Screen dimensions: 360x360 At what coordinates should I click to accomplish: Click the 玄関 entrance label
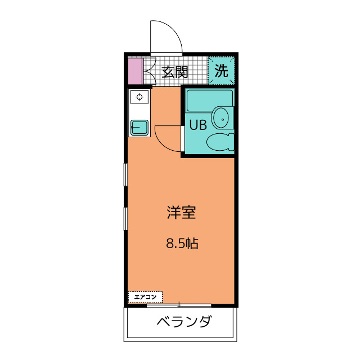click(175, 72)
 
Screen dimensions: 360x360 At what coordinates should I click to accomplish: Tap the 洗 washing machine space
click(221, 70)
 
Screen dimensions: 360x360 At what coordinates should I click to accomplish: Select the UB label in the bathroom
click(198, 125)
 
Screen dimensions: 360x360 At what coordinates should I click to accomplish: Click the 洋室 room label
click(181, 213)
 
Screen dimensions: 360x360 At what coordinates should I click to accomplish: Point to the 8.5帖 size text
click(182, 244)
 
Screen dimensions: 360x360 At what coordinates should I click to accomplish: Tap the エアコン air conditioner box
click(145, 297)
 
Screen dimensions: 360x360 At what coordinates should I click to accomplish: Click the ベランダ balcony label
click(184, 321)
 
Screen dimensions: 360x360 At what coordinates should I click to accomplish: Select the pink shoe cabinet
click(135, 71)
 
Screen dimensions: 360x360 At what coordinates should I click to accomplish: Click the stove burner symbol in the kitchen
click(139, 97)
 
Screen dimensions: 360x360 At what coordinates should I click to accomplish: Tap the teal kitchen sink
click(139, 128)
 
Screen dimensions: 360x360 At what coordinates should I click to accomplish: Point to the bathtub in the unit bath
click(210, 101)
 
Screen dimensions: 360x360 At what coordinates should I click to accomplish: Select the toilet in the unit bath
click(220, 142)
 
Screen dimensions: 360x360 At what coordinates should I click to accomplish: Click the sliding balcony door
click(179, 305)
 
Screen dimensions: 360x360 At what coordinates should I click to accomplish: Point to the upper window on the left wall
click(125, 174)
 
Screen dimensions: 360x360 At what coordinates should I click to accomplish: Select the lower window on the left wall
click(125, 219)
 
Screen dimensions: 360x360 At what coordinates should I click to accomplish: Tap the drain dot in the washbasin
click(223, 119)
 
